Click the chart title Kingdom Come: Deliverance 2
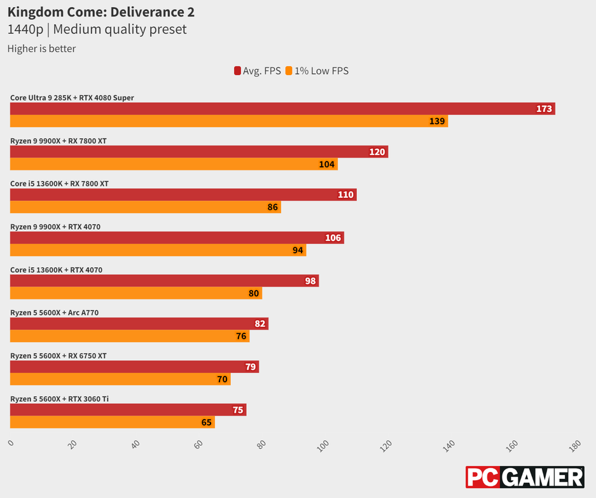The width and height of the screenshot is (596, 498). (100, 12)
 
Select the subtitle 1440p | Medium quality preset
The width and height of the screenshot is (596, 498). (97, 29)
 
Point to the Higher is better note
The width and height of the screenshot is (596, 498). (41, 48)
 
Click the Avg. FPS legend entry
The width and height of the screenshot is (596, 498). (257, 71)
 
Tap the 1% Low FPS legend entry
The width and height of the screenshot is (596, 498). (317, 71)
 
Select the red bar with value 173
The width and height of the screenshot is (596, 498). (282, 109)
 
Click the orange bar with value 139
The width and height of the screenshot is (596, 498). (229, 121)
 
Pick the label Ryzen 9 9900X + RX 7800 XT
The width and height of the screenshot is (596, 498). (59, 141)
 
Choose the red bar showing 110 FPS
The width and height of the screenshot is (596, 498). (183, 195)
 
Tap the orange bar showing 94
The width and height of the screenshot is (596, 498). (158, 250)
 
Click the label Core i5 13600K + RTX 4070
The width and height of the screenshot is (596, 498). (56, 270)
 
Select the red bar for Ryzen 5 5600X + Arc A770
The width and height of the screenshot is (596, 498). (139, 324)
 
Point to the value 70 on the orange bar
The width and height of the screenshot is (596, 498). (222, 380)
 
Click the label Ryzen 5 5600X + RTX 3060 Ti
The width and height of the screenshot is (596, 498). (59, 399)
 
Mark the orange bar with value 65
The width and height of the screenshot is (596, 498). (112, 422)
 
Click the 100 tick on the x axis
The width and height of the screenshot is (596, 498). (324, 445)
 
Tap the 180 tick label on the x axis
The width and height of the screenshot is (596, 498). (575, 445)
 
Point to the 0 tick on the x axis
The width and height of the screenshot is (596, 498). (11, 443)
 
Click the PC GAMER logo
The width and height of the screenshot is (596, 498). (525, 477)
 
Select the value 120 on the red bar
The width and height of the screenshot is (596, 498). (377, 152)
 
